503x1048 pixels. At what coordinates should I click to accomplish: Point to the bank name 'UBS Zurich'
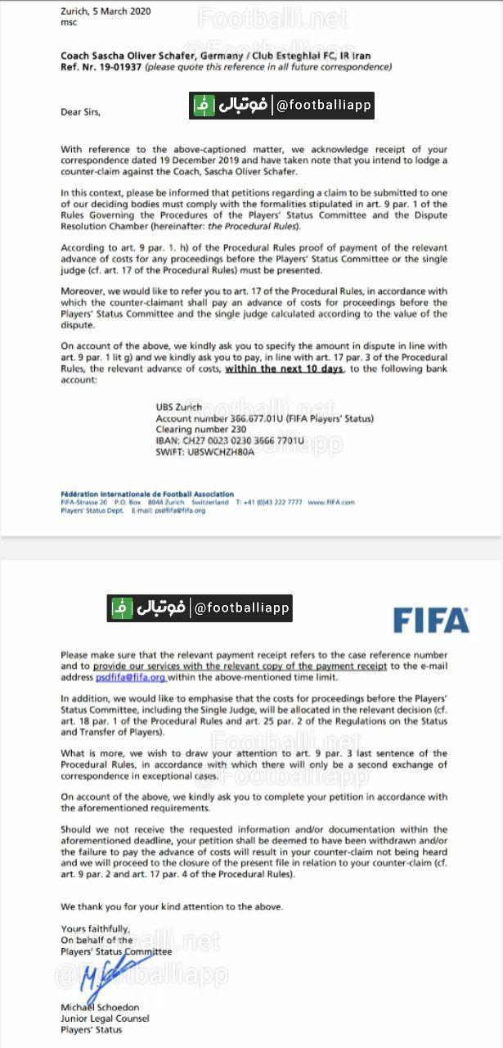tap(179, 407)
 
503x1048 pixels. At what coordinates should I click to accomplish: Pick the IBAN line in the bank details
tap(230, 440)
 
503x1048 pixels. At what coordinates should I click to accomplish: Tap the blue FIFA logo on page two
tap(431, 620)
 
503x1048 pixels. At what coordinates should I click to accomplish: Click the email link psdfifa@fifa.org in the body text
tap(131, 678)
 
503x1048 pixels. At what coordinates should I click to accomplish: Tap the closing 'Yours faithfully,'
tap(94, 928)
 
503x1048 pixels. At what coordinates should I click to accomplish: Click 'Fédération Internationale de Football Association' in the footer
tap(147, 495)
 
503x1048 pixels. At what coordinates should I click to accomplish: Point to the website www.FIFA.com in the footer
tap(331, 502)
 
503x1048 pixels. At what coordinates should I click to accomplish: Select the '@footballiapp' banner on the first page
tap(282, 106)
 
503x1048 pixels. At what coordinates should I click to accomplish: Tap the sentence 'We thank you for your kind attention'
tap(172, 906)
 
